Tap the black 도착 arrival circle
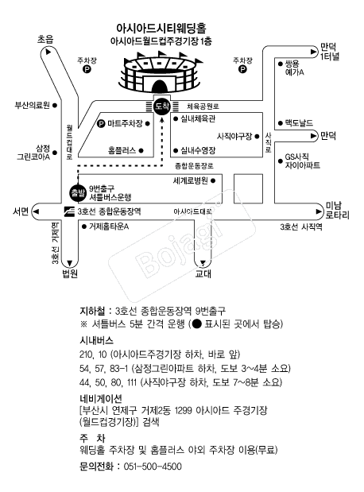click(162, 106)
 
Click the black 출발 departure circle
click(78, 192)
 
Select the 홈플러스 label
click(122, 150)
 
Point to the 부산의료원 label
click(33, 105)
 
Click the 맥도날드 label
click(299, 122)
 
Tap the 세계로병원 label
click(191, 180)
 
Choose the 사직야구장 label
click(234, 136)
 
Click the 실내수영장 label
click(198, 150)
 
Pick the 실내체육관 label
click(198, 119)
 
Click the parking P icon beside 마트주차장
click(101, 124)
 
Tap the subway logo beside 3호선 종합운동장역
click(69, 211)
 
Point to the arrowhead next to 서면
click(36, 211)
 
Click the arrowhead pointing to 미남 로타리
click(319, 211)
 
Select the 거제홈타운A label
click(109, 227)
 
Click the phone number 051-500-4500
click(153, 467)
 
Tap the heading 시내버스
click(96, 340)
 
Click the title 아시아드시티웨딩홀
click(161, 29)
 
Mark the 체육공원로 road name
click(203, 107)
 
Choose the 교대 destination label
click(203, 273)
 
